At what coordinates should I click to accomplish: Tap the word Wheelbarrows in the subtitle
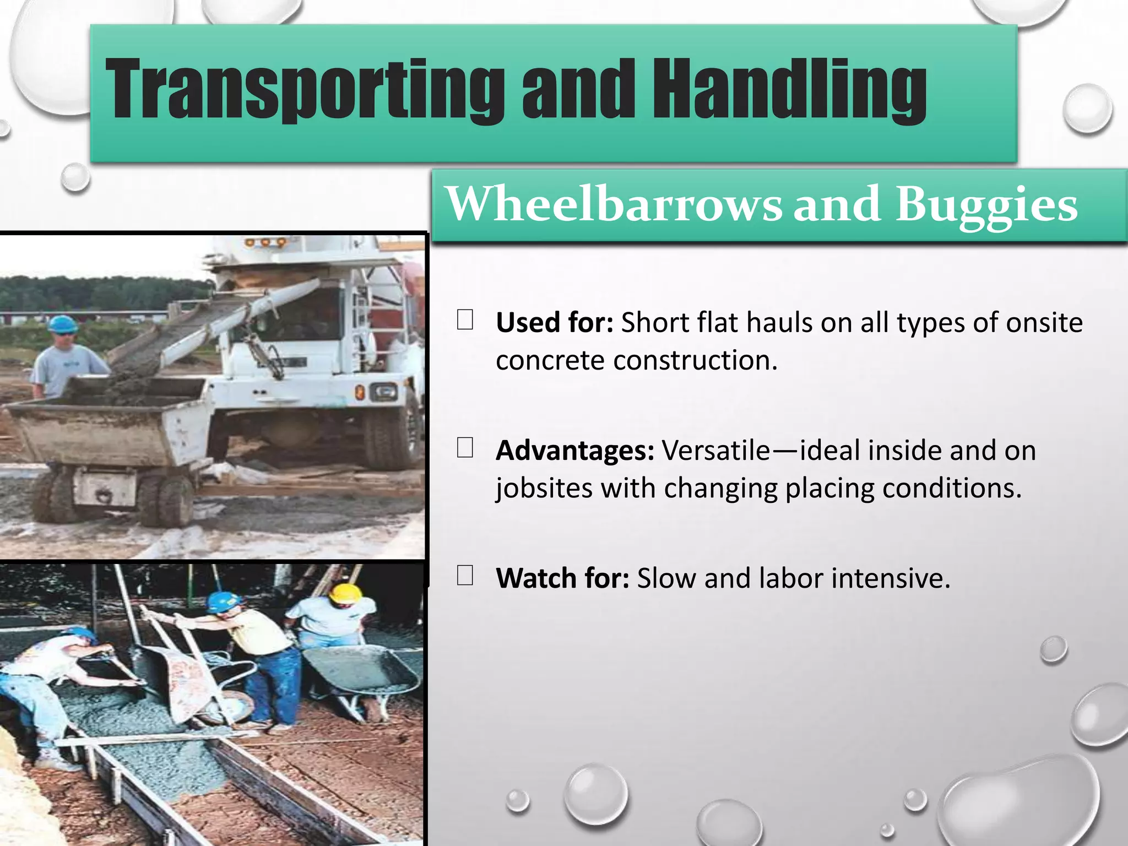point(613,204)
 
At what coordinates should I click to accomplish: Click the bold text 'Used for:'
point(554,323)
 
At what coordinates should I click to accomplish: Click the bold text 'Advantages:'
point(574,451)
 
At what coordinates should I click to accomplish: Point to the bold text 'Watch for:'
point(562,578)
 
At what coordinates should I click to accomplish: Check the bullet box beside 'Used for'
point(465,320)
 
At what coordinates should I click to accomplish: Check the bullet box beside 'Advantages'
point(465,448)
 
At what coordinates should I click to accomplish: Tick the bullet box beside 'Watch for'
point(465,576)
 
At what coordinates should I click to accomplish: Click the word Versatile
point(715,451)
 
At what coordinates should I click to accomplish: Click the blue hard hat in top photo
point(62,324)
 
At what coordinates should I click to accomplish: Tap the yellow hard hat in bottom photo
point(345,594)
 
